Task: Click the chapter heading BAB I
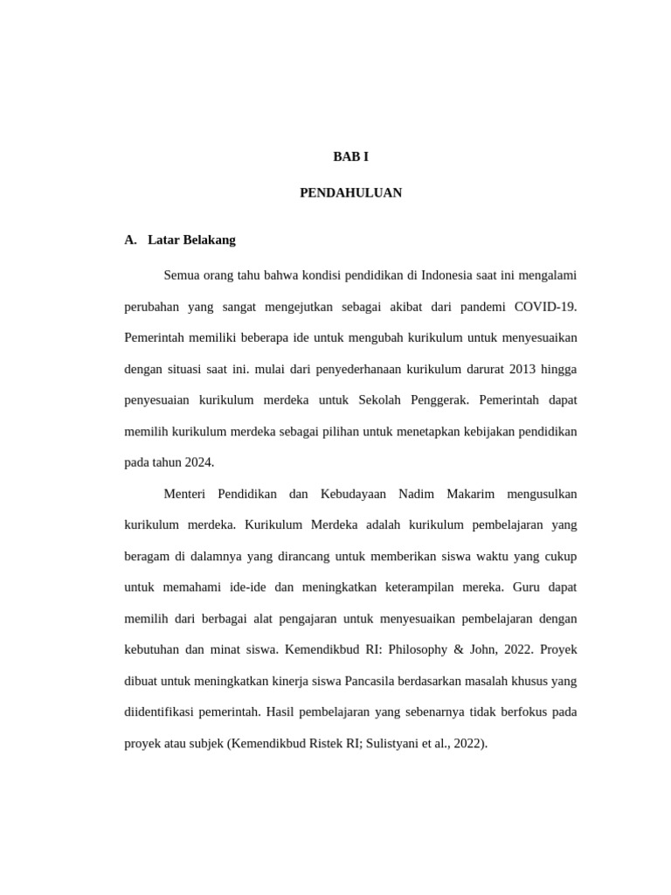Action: (350, 156)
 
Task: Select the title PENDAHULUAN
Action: (350, 193)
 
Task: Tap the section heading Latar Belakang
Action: (191, 239)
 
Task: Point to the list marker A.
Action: (131, 239)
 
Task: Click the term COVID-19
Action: (545, 307)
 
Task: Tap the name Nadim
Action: (417, 494)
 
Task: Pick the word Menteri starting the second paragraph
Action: (184, 494)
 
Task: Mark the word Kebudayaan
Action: (354, 494)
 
